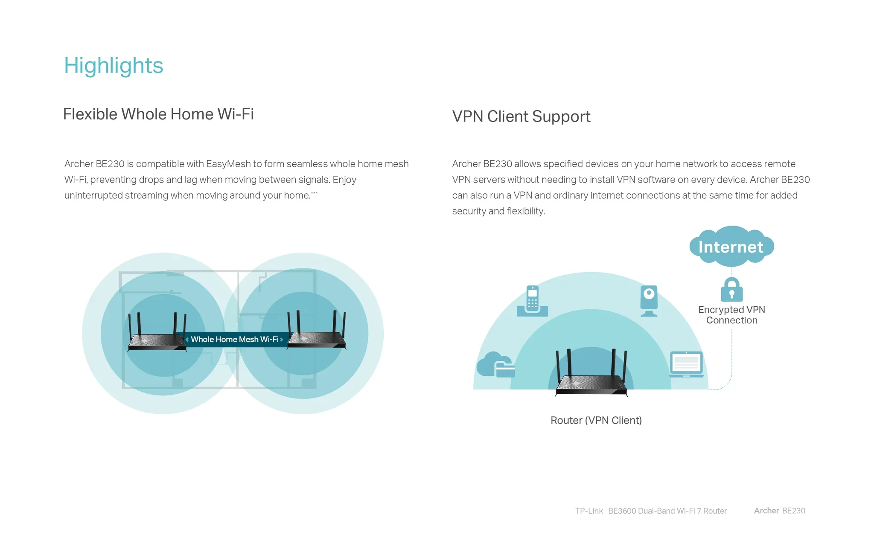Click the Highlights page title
coord(114,66)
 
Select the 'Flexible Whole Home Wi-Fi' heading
coord(158,114)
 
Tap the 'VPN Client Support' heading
coord(521,116)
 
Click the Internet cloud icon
coord(731,246)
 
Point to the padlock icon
coord(731,290)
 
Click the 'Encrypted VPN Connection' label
coord(731,315)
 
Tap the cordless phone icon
coord(532,301)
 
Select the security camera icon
coord(649,301)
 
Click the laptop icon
coord(686,364)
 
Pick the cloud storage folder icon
coord(496,365)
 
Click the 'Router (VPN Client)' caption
coord(596,421)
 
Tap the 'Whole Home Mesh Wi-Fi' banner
coord(234,340)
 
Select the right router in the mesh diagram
coord(316,330)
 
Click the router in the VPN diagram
coord(591,373)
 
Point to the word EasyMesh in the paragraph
coord(228,164)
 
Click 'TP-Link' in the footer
coord(589,511)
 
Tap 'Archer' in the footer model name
coord(766,511)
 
